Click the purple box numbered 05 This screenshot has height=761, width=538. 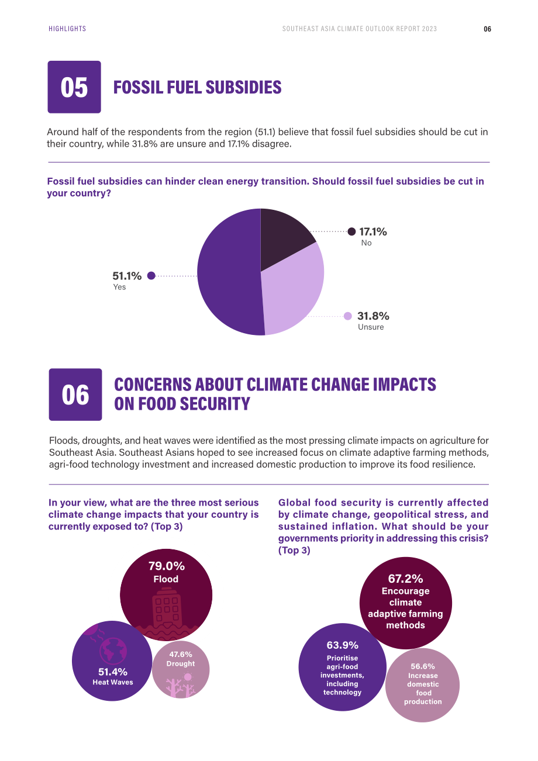click(x=74, y=87)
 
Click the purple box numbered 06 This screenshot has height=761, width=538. click(x=75, y=395)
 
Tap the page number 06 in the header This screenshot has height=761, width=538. click(x=487, y=29)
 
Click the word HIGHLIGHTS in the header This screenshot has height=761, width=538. click(x=67, y=29)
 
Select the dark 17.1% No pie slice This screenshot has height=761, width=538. click(x=284, y=238)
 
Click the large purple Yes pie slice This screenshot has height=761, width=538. click(x=227, y=272)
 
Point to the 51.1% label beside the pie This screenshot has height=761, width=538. click(x=127, y=276)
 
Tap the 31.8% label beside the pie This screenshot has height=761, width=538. click(x=373, y=316)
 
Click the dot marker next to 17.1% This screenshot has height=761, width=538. click(x=352, y=231)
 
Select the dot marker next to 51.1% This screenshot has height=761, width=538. click(x=151, y=275)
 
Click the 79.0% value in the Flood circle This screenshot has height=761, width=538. click(x=167, y=566)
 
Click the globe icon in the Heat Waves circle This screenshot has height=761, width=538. click(x=113, y=651)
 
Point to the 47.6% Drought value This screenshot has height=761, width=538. click(x=181, y=654)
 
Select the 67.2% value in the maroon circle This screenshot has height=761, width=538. click(x=405, y=579)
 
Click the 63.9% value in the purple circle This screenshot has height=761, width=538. click(x=343, y=645)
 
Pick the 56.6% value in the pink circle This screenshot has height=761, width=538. click(x=423, y=666)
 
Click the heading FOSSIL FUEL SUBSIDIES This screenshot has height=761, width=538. click(x=198, y=87)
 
